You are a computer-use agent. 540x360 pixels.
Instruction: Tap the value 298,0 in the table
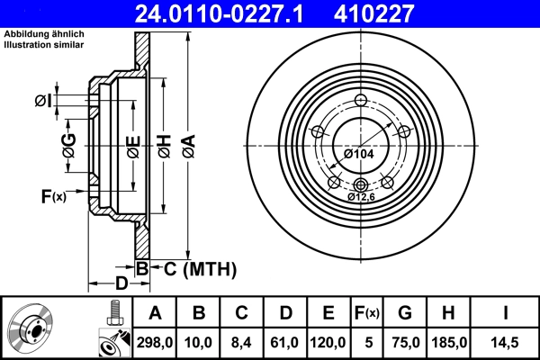[156, 342]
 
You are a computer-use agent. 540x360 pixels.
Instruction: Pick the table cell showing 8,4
[241, 342]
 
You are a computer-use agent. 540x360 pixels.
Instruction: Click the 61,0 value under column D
[284, 342]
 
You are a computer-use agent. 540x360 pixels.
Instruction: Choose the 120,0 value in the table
[328, 342]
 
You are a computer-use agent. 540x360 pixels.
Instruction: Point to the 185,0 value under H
[450, 342]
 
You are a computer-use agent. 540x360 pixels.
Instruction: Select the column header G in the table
[406, 313]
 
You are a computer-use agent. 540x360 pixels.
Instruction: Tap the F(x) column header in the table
[368, 313]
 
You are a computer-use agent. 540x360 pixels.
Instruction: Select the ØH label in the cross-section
[164, 144]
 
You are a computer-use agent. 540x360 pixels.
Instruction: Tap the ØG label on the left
[68, 144]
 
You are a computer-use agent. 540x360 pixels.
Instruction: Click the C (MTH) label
[194, 268]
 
